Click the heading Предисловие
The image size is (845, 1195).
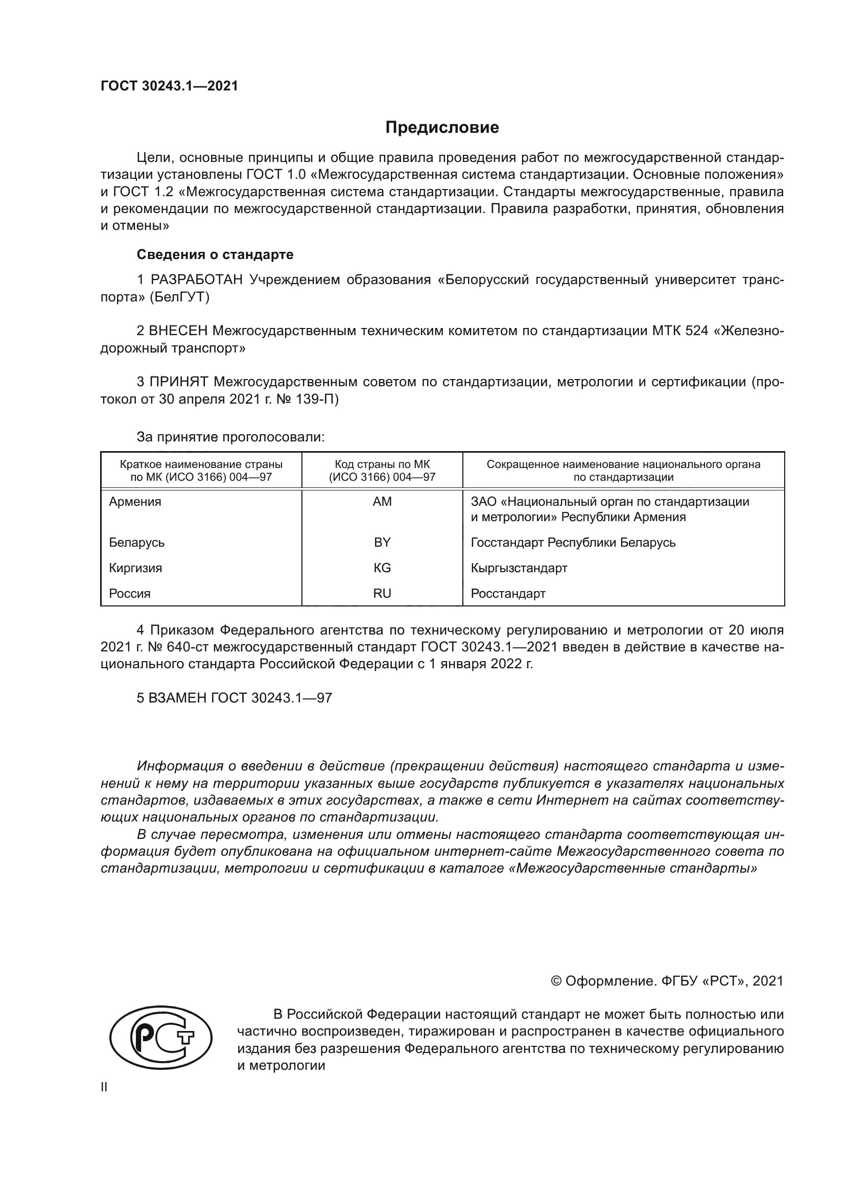click(442, 128)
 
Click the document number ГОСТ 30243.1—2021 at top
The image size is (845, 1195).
click(169, 86)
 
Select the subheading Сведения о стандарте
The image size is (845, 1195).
click(215, 254)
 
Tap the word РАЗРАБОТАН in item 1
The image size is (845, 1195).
click(197, 280)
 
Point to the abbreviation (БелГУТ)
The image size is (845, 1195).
click(179, 297)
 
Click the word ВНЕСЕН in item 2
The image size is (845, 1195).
click(178, 331)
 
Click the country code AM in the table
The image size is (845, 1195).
click(382, 502)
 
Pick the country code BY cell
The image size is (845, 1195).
click(382, 543)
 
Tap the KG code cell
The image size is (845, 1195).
click(382, 568)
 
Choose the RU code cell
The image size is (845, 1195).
click(382, 593)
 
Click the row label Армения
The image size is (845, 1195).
click(135, 502)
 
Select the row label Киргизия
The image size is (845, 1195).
click(135, 568)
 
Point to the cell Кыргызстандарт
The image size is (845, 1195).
click(519, 568)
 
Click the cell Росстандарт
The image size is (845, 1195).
click(508, 593)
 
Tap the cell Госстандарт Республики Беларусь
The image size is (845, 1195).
click(573, 543)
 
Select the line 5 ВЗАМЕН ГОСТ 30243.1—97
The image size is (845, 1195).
click(234, 698)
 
